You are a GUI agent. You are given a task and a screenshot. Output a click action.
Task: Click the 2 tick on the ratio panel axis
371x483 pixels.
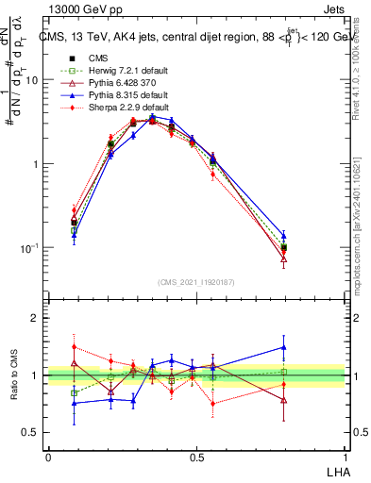click(x=39, y=319)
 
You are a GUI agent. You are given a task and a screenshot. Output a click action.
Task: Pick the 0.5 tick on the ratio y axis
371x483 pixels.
click(x=34, y=432)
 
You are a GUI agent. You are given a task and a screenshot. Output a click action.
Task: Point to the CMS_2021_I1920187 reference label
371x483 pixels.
click(x=196, y=282)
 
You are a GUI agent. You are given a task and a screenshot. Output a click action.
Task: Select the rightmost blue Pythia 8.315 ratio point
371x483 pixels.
click(x=283, y=347)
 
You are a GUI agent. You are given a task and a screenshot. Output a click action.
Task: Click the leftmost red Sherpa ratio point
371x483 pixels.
click(x=74, y=347)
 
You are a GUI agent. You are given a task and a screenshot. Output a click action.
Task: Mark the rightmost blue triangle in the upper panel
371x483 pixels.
click(x=283, y=236)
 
